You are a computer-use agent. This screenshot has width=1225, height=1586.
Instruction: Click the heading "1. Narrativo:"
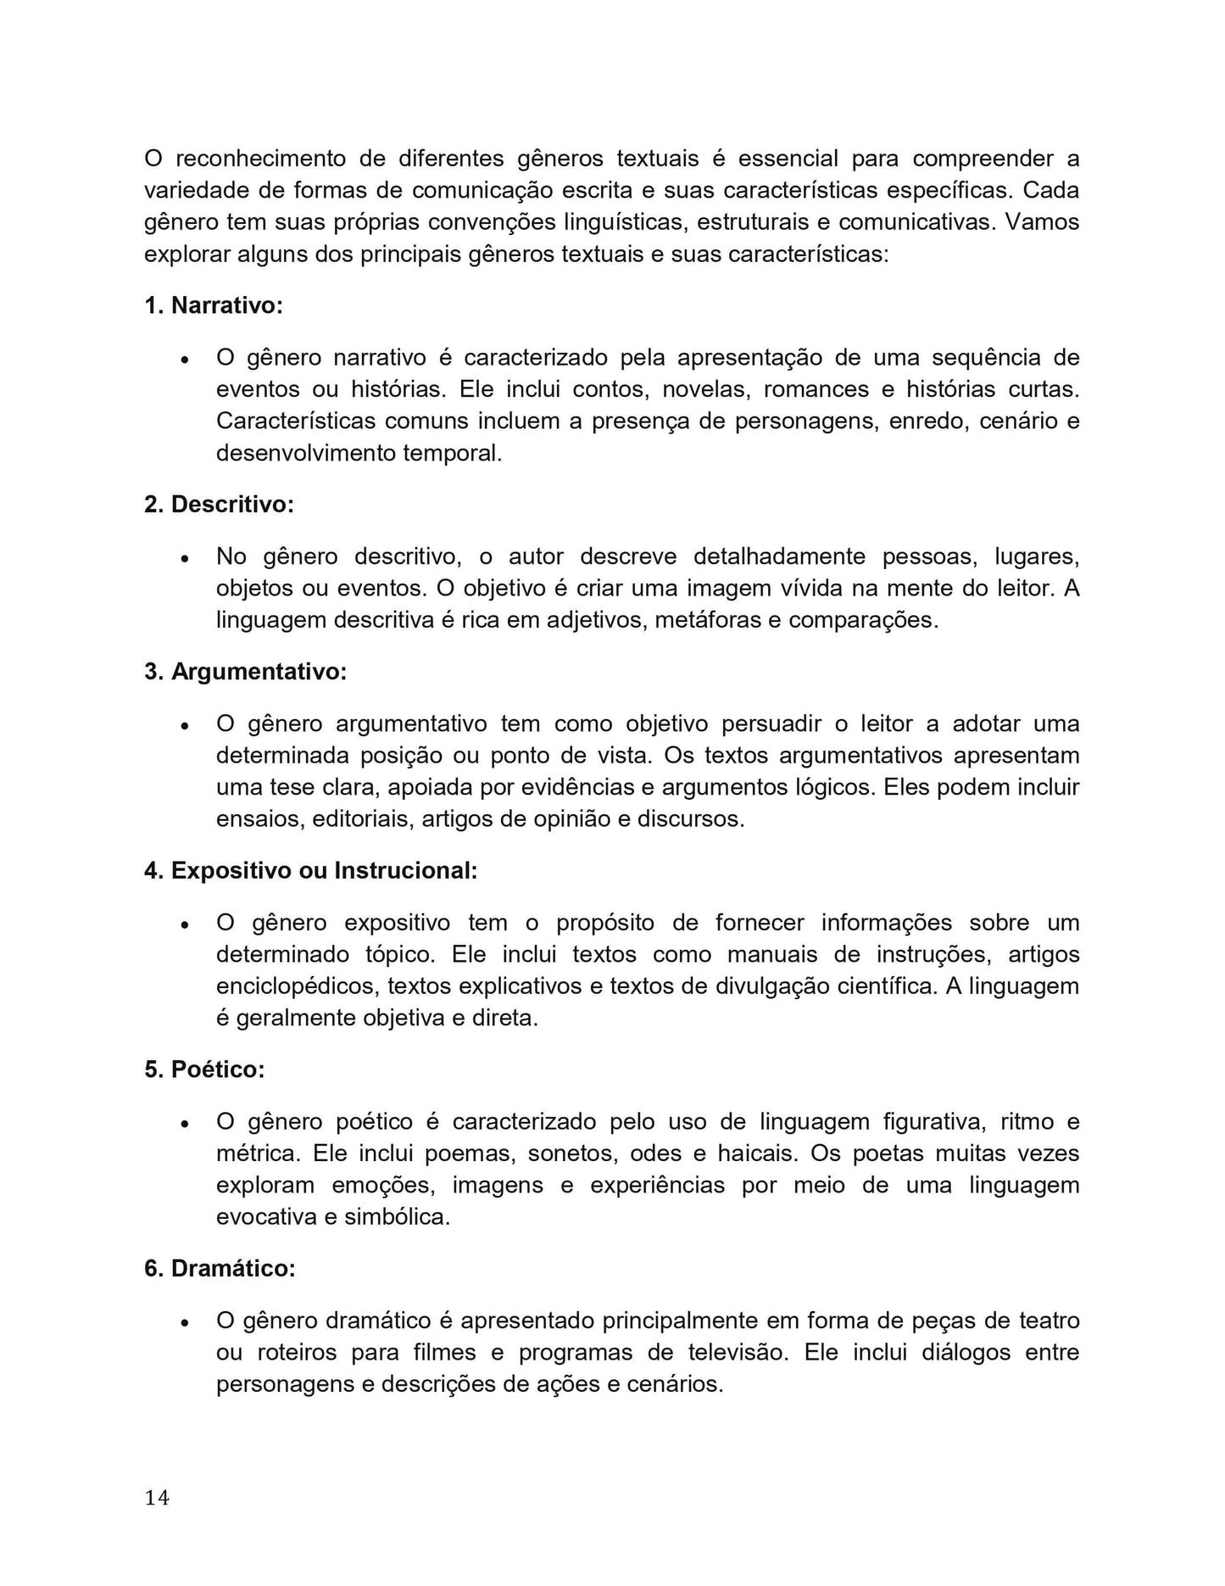(214, 305)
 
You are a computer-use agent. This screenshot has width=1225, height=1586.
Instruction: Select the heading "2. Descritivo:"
(219, 505)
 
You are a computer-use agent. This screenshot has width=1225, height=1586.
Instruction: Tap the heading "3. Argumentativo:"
(246, 672)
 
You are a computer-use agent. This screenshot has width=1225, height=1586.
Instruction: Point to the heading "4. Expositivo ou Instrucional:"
(311, 871)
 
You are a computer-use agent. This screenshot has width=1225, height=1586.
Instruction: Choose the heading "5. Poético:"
(204, 1070)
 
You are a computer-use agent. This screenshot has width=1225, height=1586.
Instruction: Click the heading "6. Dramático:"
(220, 1269)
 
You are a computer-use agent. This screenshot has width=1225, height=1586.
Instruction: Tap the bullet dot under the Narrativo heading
(184, 360)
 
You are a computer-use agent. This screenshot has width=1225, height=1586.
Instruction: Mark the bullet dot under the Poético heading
(184, 1125)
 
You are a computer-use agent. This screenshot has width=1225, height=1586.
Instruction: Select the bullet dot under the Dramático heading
(184, 1323)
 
